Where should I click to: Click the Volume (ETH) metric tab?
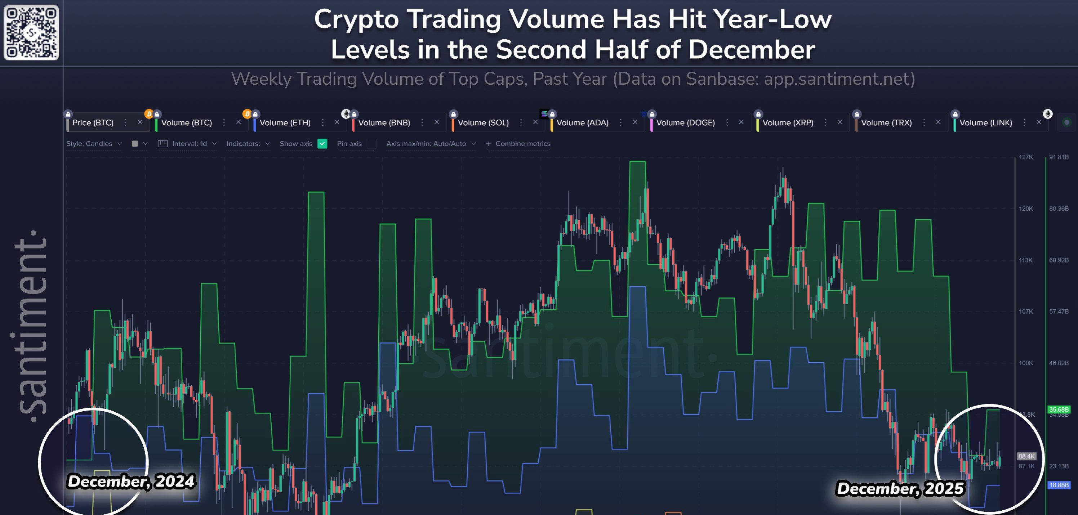(x=285, y=122)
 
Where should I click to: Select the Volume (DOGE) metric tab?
(x=685, y=122)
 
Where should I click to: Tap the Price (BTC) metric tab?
(x=93, y=122)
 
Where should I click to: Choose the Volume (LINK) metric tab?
(x=985, y=122)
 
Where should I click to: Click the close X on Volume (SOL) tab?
(x=535, y=122)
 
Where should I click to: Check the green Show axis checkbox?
(x=322, y=143)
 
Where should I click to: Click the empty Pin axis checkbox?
(x=371, y=143)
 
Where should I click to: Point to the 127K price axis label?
(x=1026, y=157)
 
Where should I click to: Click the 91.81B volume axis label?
(x=1059, y=157)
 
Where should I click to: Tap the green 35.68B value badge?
(x=1059, y=409)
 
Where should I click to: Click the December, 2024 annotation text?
(x=131, y=481)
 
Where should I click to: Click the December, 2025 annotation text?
(x=900, y=488)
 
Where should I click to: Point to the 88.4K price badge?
(x=1026, y=456)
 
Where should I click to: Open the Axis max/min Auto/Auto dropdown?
(x=431, y=143)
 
